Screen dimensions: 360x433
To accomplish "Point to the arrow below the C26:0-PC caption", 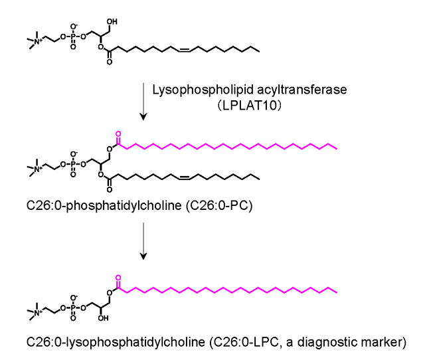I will tap(144, 242).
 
